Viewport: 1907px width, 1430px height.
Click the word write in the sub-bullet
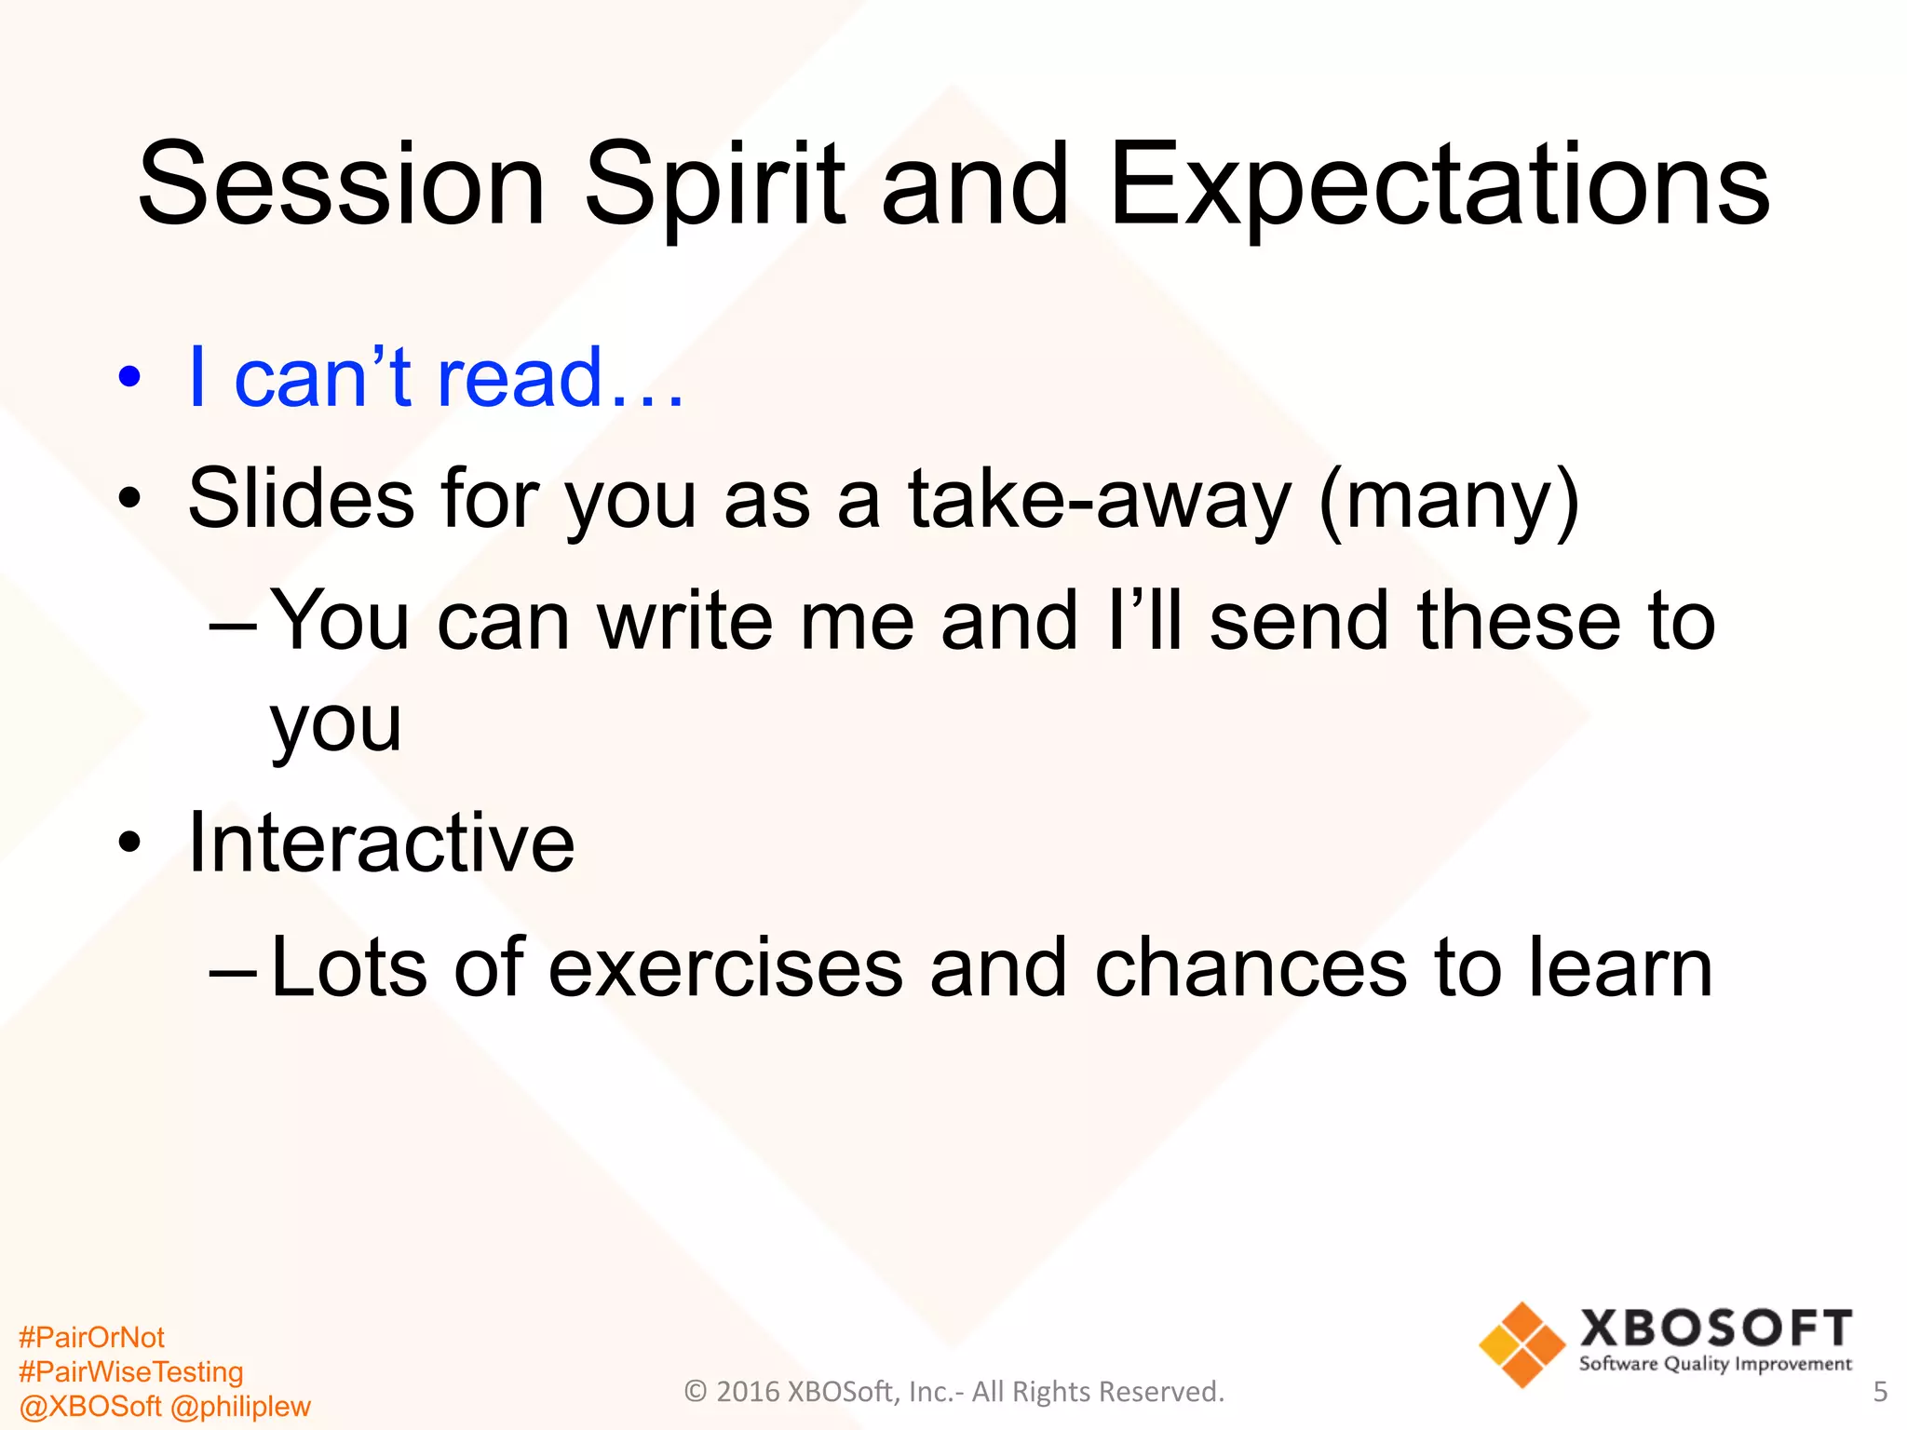(684, 621)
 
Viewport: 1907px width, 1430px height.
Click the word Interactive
(381, 843)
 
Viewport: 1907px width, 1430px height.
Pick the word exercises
(725, 968)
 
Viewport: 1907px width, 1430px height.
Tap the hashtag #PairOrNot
(91, 1337)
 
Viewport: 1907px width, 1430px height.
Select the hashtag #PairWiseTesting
(130, 1371)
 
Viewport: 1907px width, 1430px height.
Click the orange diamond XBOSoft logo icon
(1522, 1344)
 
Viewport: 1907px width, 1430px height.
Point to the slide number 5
(1879, 1392)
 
